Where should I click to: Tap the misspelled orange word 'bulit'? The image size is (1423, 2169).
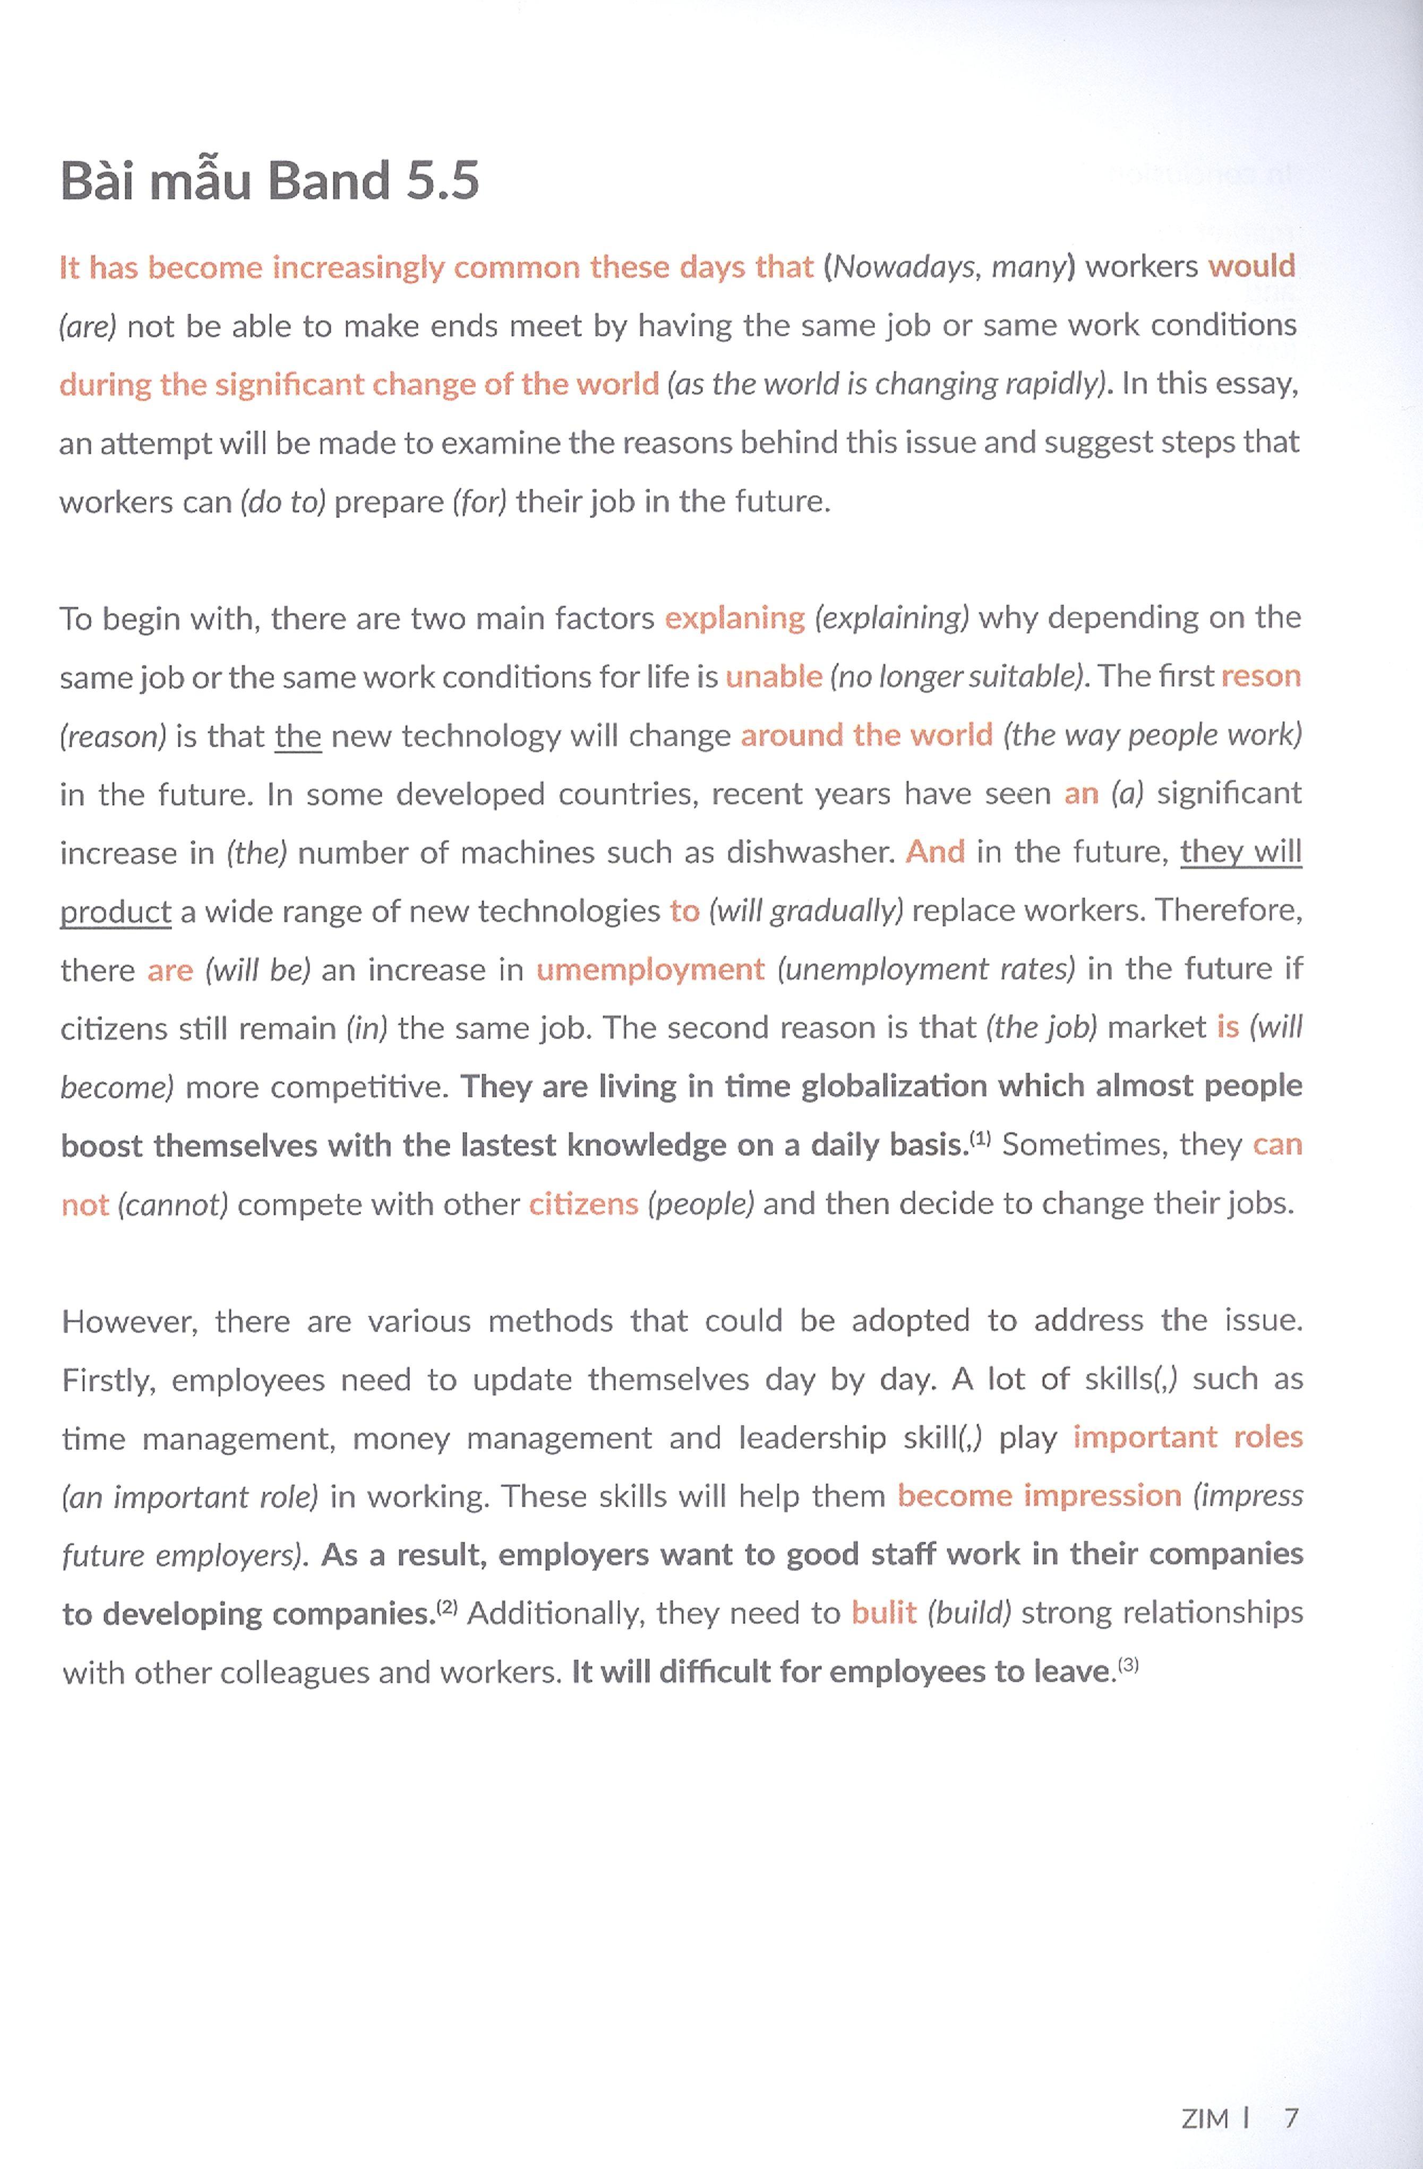[x=884, y=1613]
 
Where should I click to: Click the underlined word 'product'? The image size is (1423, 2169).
[x=116, y=911]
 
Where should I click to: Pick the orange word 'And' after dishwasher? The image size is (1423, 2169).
[x=935, y=852]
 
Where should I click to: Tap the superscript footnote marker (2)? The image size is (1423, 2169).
[x=447, y=1606]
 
